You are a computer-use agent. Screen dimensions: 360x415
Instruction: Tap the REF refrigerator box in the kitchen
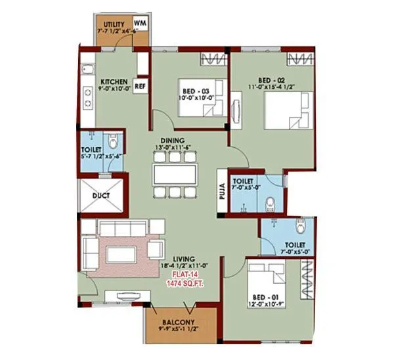(140, 85)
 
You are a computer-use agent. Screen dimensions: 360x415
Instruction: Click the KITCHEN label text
(114, 81)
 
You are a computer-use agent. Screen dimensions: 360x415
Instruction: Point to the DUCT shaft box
(101, 195)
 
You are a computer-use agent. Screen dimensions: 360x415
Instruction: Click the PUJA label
(222, 190)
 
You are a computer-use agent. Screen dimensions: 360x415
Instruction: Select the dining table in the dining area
(174, 175)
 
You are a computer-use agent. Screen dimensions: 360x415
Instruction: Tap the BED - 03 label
(196, 91)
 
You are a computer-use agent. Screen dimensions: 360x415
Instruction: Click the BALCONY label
(177, 322)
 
